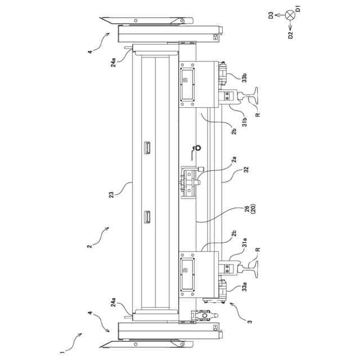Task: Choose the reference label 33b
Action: [245, 78]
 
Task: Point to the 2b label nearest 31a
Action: [234, 233]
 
